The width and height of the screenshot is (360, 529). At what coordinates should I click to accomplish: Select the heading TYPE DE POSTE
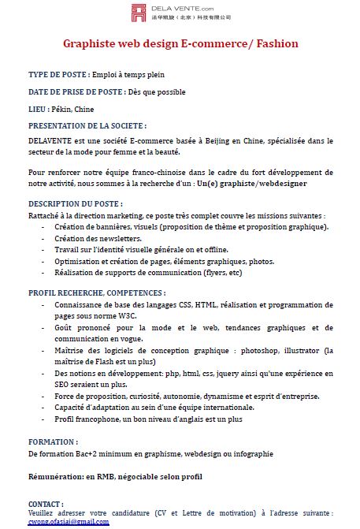point(58,75)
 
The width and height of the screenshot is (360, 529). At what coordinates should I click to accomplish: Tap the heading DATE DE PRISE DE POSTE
point(76,91)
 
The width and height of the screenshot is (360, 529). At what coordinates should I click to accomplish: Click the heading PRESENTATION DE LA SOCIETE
point(87,125)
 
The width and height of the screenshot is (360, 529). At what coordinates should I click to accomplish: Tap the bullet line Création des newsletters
point(98,237)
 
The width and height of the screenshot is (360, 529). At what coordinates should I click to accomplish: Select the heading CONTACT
point(46,503)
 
